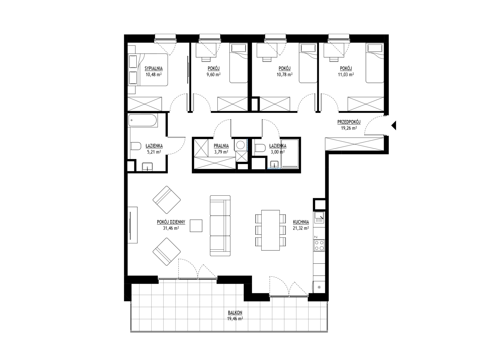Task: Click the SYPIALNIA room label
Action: click(154, 69)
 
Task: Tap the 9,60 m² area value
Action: click(214, 75)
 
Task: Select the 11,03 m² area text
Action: click(346, 75)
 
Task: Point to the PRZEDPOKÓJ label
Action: click(349, 122)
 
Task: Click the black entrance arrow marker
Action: click(394, 125)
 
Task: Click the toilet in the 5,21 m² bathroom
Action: click(136, 146)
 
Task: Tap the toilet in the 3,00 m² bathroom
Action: click(260, 148)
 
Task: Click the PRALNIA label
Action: click(221, 146)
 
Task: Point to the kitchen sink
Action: click(319, 217)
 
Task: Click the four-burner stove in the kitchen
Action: click(319, 246)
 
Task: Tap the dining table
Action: click(271, 230)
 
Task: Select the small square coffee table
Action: click(196, 226)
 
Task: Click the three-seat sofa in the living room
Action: click(220, 226)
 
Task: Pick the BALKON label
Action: click(235, 313)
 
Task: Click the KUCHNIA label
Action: click(301, 222)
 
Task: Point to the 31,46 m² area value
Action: click(171, 228)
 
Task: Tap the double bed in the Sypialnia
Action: click(148, 70)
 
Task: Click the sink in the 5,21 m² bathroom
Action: click(148, 166)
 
